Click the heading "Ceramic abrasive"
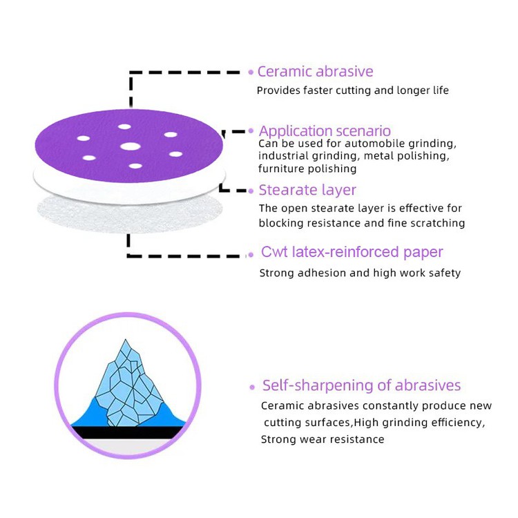(x=315, y=72)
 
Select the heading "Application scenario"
(x=325, y=131)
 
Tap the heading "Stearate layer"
(x=307, y=190)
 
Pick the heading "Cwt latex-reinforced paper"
(x=352, y=252)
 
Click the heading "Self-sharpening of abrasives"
(x=361, y=385)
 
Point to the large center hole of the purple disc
(x=128, y=146)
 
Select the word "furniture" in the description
(x=280, y=169)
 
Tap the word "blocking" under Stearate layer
(x=280, y=223)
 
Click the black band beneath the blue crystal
(x=128, y=433)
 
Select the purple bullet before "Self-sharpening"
(x=252, y=387)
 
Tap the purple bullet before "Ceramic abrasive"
(x=251, y=72)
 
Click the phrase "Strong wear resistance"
(x=322, y=439)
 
